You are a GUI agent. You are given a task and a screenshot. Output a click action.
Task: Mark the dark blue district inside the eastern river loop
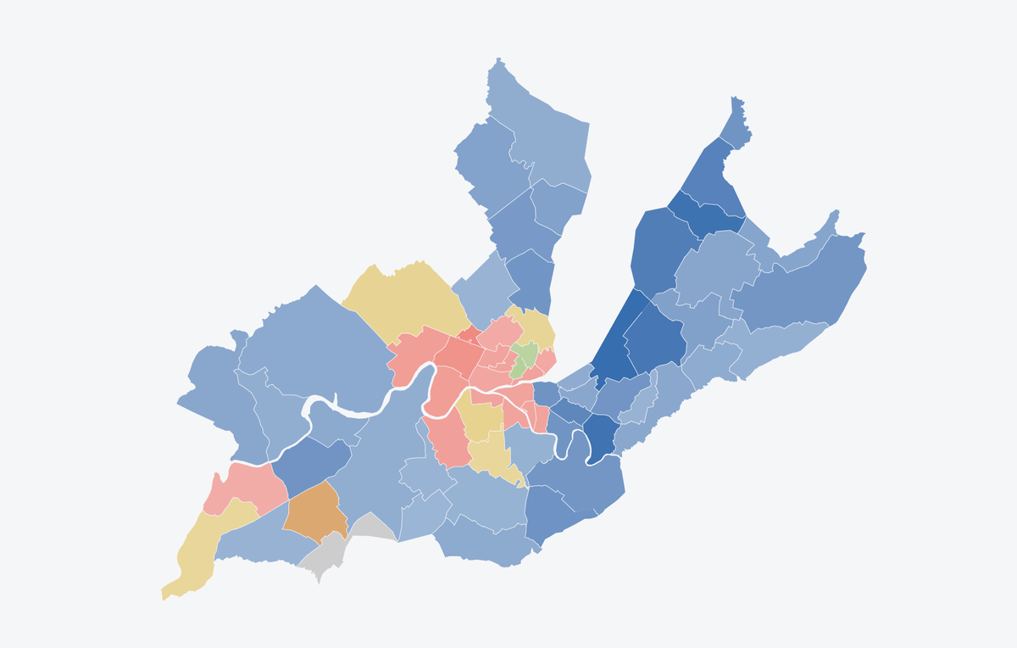coord(602,437)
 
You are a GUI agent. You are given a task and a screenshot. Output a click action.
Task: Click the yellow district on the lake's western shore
coord(536,327)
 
